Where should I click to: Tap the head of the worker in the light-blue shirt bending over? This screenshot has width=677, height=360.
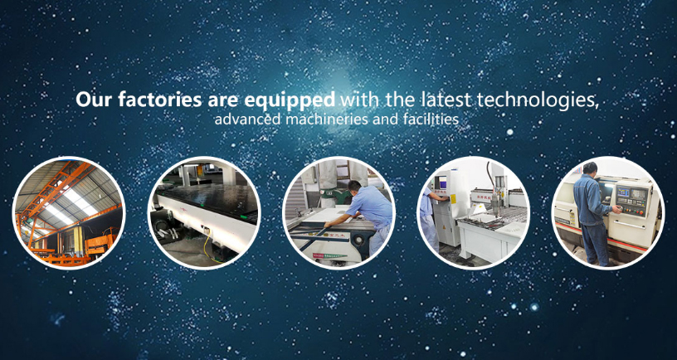tap(353, 187)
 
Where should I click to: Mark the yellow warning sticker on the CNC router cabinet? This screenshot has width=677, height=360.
tap(453, 198)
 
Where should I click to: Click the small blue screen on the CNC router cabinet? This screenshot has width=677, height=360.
tap(442, 182)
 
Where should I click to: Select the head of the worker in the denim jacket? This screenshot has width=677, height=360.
tap(590, 168)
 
